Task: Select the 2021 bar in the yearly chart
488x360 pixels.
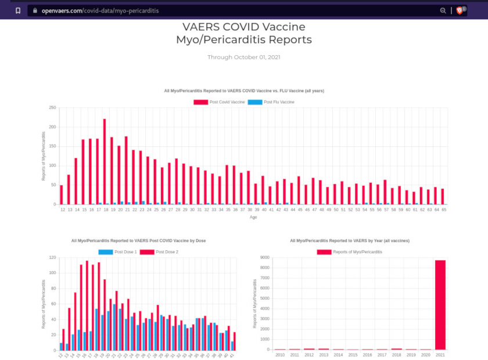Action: [x=441, y=305]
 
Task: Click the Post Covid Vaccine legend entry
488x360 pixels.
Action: [x=219, y=102]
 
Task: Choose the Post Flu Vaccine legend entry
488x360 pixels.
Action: [x=271, y=102]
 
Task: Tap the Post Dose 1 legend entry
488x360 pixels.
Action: [x=120, y=251]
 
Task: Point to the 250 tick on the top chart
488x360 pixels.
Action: [x=53, y=107]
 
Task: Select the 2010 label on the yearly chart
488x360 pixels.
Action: [x=280, y=354]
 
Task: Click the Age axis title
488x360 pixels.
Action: [x=253, y=217]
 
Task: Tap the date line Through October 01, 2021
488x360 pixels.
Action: [x=244, y=57]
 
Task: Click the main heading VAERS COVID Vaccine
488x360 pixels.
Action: [x=244, y=27]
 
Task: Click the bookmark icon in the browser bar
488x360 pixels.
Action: [x=18, y=10]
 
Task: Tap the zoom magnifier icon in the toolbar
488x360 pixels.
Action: [x=443, y=10]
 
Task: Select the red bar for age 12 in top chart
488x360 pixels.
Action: [x=62, y=195]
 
